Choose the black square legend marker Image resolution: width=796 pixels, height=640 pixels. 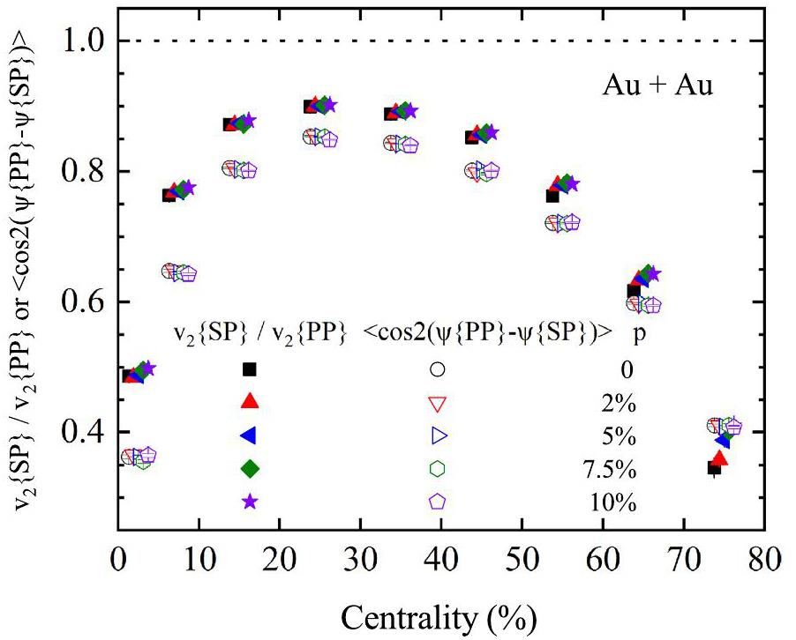(x=250, y=369)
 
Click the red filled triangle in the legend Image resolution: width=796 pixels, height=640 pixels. (x=250, y=402)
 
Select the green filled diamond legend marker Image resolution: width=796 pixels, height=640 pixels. (x=250, y=468)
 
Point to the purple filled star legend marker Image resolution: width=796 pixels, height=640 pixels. (x=250, y=501)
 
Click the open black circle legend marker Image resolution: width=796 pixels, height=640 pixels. (x=437, y=369)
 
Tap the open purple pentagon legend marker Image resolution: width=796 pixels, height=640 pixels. (x=437, y=501)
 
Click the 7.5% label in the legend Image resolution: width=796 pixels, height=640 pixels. (x=612, y=468)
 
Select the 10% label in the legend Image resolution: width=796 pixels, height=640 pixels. (x=614, y=502)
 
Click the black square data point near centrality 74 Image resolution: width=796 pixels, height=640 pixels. (x=714, y=467)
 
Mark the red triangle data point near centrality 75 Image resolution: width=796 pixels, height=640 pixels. (x=719, y=458)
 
